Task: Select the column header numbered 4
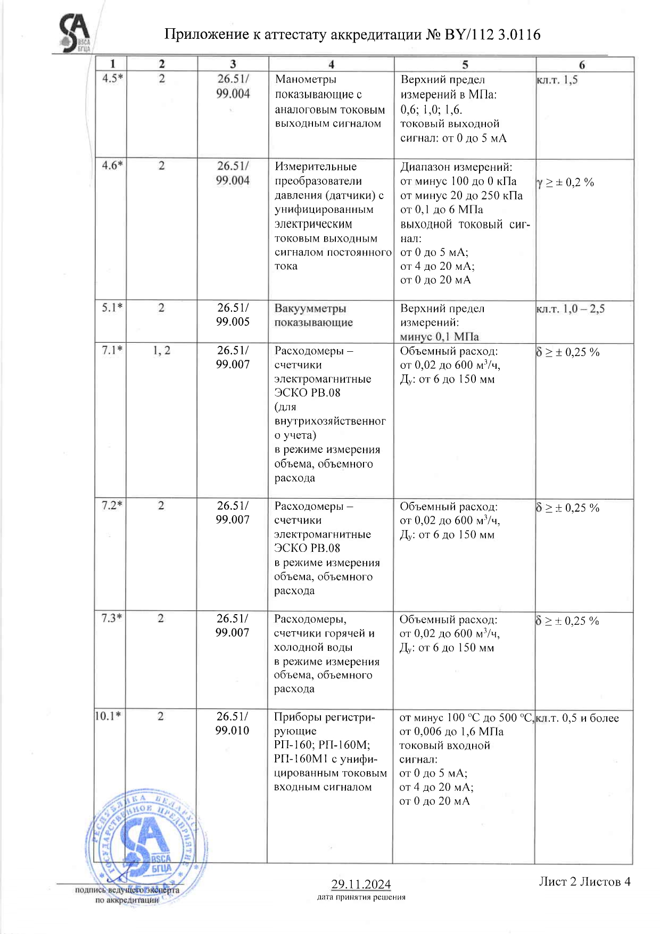point(331,64)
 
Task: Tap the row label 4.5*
point(112,78)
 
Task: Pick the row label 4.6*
point(112,166)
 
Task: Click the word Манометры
point(306,79)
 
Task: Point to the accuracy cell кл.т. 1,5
point(557,80)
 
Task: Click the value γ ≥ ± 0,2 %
point(565,183)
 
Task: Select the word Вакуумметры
point(310,308)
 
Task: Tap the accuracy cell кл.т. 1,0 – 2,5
point(571,309)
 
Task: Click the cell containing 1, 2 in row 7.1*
point(161,350)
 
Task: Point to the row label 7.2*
point(112,505)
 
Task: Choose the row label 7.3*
point(112,618)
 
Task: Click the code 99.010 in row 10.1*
point(232,730)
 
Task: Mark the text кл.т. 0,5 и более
point(577,718)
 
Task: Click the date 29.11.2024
point(361,884)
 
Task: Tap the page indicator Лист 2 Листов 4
point(584,881)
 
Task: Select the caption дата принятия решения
point(361,897)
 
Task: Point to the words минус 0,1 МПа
point(439,336)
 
